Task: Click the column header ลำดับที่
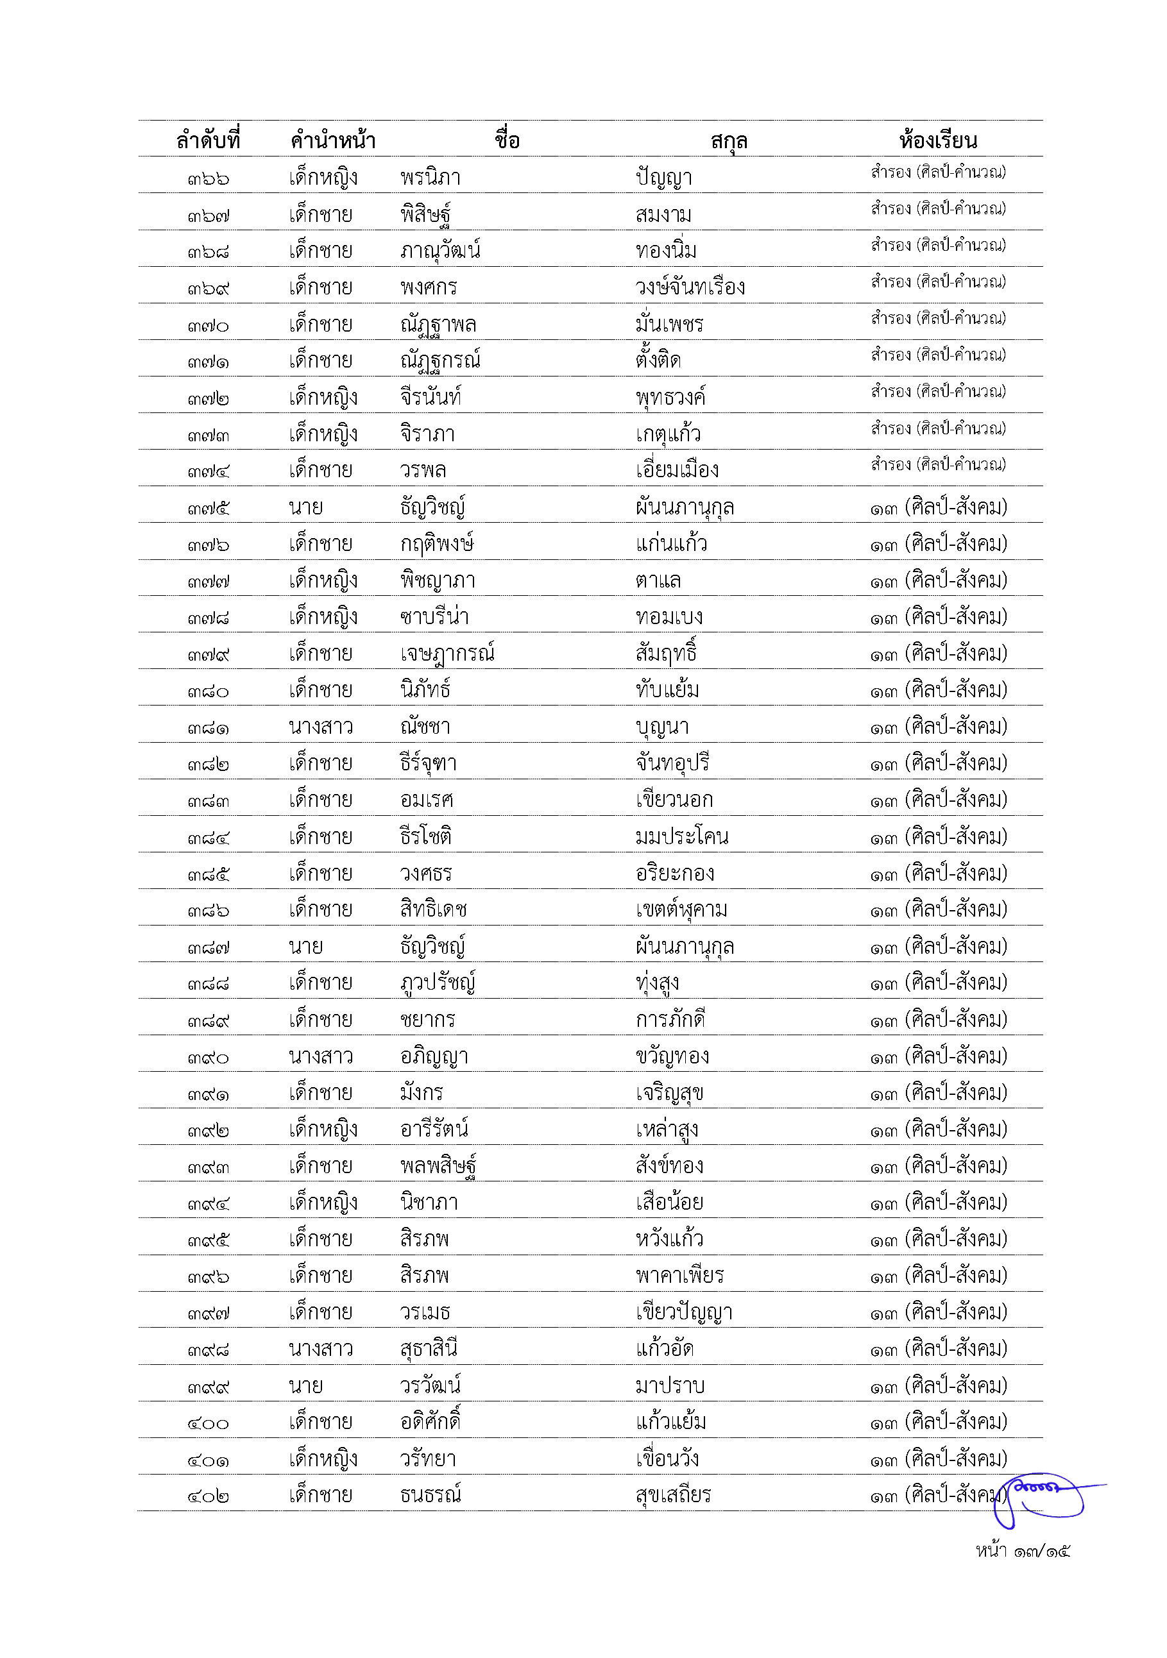208,139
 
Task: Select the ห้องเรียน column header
937,139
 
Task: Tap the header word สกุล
728,141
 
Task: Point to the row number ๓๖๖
208,178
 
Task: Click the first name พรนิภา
430,178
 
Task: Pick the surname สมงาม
663,214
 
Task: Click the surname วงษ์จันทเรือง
690,287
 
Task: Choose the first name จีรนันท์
430,397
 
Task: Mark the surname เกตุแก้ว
668,434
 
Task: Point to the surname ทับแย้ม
667,689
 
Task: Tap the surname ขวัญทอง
672,1056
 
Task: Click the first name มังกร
421,1092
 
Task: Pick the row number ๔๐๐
208,1423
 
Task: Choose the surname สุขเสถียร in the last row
673,1495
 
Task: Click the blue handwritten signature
1046,1498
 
